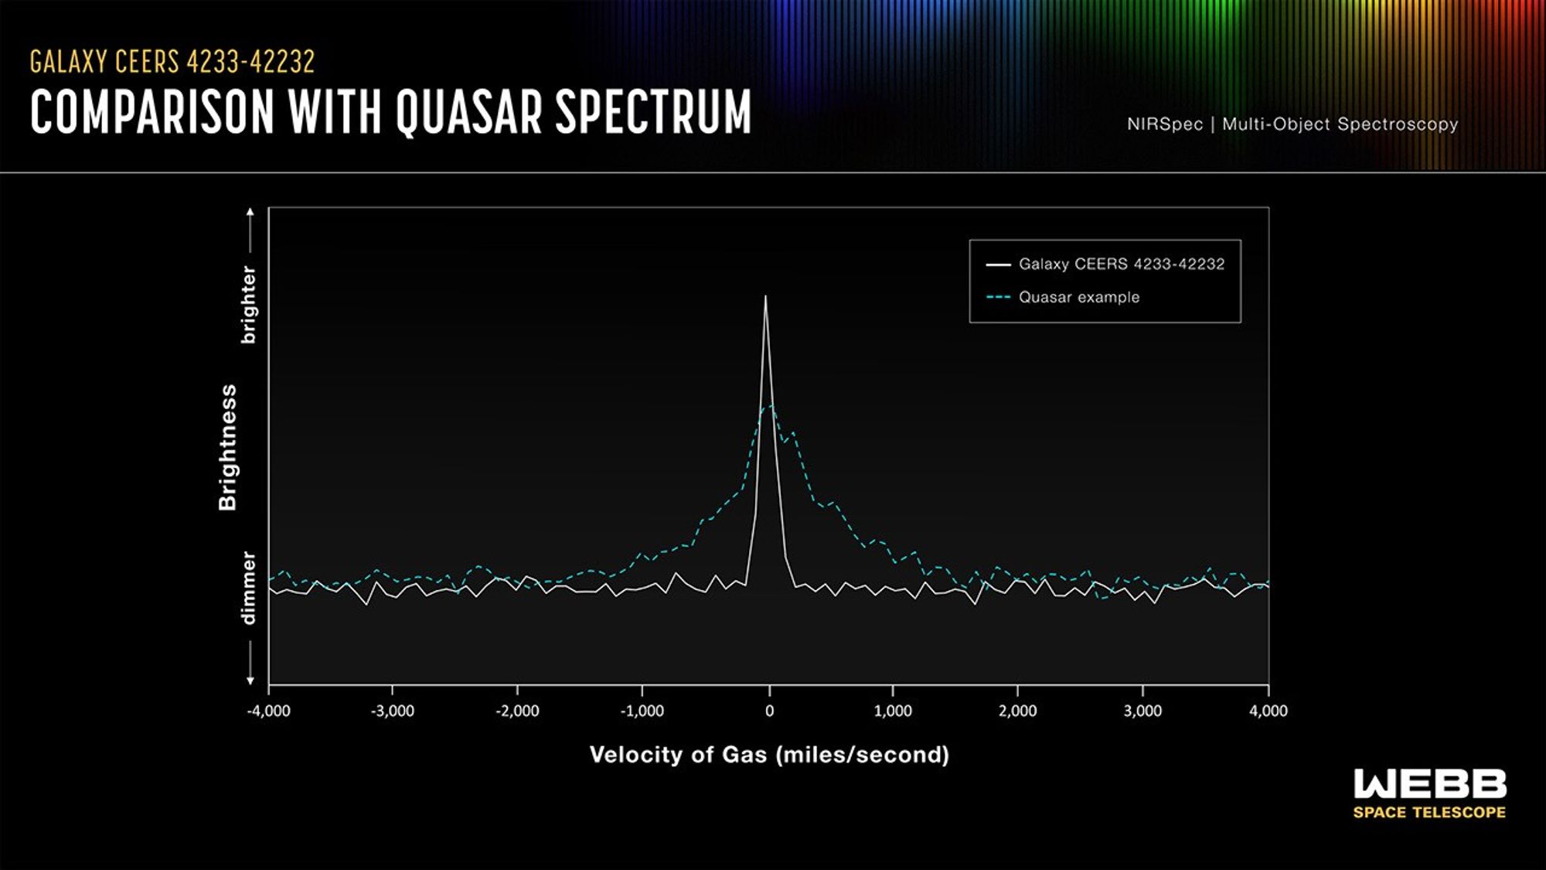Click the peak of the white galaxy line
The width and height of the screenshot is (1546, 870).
point(765,297)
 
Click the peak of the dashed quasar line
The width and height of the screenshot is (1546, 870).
point(770,406)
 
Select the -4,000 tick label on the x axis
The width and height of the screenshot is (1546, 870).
point(268,711)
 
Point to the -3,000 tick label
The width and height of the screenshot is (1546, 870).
point(392,711)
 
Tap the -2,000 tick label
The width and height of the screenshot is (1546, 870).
point(517,711)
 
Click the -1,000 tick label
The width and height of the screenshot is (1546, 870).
point(642,711)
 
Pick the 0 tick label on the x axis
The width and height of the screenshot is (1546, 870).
point(769,711)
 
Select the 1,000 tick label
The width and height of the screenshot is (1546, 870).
point(893,711)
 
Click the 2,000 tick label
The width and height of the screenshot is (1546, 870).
point(1017,711)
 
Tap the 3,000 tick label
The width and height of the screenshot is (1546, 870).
point(1142,711)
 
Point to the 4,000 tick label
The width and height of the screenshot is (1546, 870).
point(1268,711)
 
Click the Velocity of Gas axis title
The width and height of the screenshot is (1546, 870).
point(769,755)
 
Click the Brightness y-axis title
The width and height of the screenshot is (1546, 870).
point(227,447)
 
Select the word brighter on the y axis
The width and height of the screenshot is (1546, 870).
point(248,305)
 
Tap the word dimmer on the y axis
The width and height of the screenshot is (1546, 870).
point(248,588)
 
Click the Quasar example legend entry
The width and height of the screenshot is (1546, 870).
point(1078,297)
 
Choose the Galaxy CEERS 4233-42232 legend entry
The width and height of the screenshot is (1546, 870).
point(1121,264)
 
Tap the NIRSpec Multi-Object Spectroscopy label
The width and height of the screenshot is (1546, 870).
point(1292,124)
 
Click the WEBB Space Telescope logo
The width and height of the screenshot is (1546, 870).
point(1429,793)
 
